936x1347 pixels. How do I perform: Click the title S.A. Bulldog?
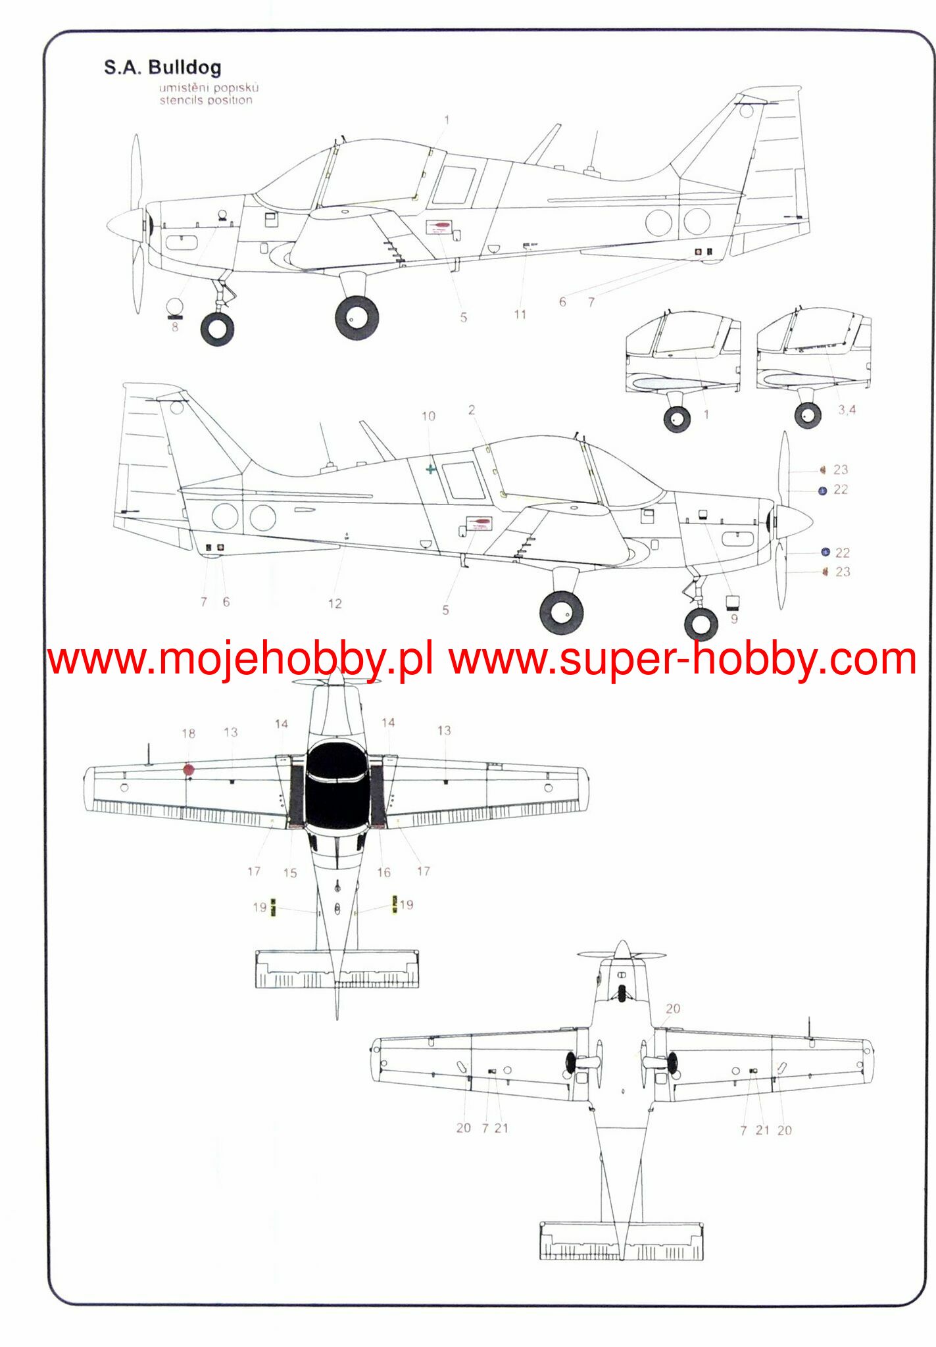pos(162,67)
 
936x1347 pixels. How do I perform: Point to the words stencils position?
pos(206,101)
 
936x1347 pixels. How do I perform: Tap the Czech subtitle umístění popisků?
pos(209,87)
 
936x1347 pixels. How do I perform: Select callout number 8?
pos(175,327)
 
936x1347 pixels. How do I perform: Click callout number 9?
pos(734,619)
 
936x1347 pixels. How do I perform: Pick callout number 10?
pos(428,416)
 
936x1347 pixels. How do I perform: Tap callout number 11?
pos(520,314)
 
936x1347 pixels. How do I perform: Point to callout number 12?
pos(335,603)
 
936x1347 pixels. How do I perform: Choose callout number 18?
pos(189,733)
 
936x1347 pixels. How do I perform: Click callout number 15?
pos(290,873)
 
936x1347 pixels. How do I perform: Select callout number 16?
pos(383,872)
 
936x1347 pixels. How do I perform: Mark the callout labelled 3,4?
pos(847,410)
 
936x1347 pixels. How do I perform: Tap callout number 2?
pos(472,410)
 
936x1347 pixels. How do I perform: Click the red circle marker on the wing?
pos(189,769)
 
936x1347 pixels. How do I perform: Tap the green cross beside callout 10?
pos(431,469)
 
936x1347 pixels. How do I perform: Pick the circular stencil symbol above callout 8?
pos(174,306)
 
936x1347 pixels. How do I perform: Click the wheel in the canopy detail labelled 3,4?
pos(808,415)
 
